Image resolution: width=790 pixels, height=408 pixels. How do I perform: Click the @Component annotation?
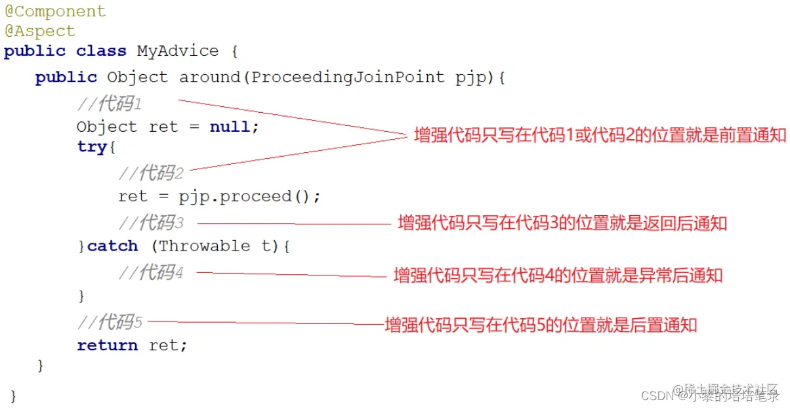[x=55, y=12]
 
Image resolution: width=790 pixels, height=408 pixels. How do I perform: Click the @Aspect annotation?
[x=40, y=31]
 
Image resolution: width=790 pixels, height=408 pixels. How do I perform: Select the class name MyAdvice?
[x=177, y=51]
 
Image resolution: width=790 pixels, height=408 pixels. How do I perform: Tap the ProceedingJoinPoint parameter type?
[x=348, y=77]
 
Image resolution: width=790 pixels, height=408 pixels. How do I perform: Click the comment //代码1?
[x=110, y=104]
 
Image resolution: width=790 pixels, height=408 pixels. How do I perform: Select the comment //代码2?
[x=151, y=173]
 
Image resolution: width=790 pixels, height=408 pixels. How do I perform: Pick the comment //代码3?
[x=151, y=223]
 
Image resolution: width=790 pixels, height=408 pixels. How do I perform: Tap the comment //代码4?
[x=151, y=272]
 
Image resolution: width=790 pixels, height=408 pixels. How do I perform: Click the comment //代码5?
[x=110, y=322]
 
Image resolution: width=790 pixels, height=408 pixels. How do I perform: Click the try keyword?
[x=92, y=147]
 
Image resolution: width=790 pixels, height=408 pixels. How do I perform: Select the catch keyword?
[x=112, y=247]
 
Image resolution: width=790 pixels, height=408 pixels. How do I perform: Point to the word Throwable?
[x=204, y=247]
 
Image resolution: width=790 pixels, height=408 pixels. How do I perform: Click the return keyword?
[x=107, y=346]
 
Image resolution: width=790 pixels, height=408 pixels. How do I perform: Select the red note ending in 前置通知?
[x=600, y=136]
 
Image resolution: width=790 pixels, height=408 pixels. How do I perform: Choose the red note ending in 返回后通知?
[x=562, y=223]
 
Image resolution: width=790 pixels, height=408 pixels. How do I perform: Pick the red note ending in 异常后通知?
[x=558, y=275]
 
